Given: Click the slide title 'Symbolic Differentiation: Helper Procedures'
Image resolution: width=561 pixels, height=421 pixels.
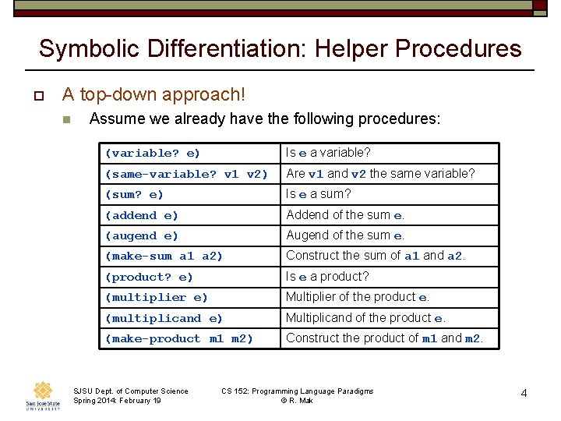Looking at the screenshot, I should click(x=280, y=48).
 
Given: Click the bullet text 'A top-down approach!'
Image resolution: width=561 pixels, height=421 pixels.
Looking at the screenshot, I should click(x=153, y=95).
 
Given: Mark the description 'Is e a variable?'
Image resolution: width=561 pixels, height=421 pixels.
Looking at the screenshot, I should click(x=328, y=153).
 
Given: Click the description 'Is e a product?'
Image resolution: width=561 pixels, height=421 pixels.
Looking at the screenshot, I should click(x=327, y=276).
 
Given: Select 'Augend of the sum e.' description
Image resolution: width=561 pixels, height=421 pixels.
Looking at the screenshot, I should click(x=345, y=235).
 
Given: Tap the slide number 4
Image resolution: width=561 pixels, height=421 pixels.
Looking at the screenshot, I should click(x=524, y=394).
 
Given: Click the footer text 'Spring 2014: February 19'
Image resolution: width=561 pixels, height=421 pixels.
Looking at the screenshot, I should click(x=117, y=401).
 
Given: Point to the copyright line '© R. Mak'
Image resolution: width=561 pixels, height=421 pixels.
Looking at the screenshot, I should click(x=298, y=401).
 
